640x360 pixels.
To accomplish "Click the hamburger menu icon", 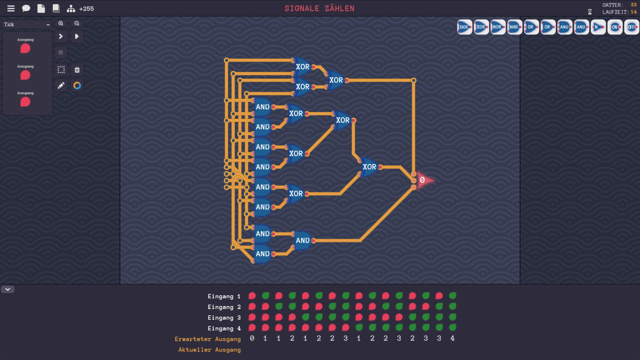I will pyautogui.click(x=11, y=9).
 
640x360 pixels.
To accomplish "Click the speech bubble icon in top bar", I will pyautogui.click(x=26, y=9).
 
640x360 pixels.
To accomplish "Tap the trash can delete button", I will pyautogui.click(x=77, y=70).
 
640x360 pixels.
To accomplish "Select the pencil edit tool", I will pyautogui.click(x=61, y=86).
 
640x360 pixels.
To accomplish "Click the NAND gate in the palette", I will pyautogui.click(x=514, y=27).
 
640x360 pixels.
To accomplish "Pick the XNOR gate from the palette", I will pyautogui.click(x=464, y=27).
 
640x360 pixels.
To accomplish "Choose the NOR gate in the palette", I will pyautogui.click(x=498, y=27).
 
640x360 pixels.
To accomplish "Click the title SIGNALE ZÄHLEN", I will pyautogui.click(x=319, y=9).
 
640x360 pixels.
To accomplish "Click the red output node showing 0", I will pyautogui.click(x=423, y=180).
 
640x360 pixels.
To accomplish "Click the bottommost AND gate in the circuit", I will pyautogui.click(x=262, y=254).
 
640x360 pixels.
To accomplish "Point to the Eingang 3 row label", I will pyautogui.click(x=224, y=318).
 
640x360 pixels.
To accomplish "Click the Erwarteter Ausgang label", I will pyautogui.click(x=207, y=339).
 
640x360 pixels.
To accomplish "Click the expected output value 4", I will pyautogui.click(x=452, y=338).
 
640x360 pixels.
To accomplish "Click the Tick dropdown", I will pyautogui.click(x=27, y=24).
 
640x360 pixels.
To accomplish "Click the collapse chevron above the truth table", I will pyautogui.click(x=8, y=289).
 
